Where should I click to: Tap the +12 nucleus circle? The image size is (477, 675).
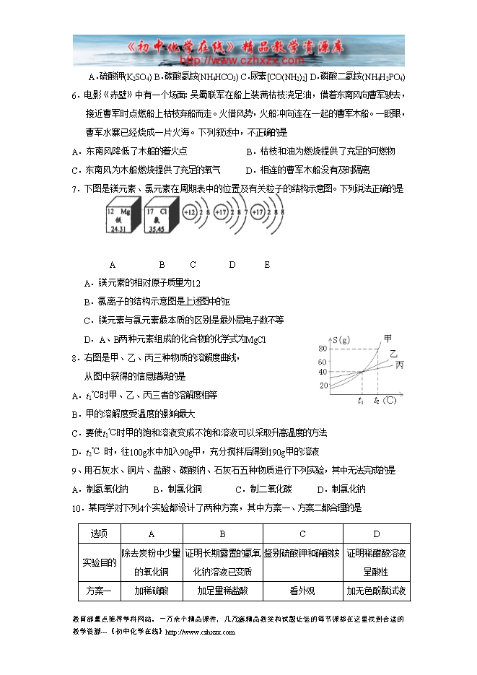coord(190,213)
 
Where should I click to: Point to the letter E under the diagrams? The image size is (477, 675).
coord(267,265)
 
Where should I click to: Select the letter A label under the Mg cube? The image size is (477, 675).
coord(113,265)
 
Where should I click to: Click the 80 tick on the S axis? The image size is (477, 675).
coord(323,349)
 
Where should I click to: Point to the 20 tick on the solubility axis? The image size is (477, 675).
coord(323,385)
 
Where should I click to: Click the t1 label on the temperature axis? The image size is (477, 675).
coord(361,400)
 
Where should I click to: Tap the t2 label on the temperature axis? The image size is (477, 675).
coord(377,400)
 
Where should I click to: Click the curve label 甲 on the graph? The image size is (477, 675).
coord(388,337)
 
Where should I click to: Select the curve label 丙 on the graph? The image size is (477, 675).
coord(400,365)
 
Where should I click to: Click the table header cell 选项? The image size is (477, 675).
coord(99,534)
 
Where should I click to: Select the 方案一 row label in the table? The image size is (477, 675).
coord(99,591)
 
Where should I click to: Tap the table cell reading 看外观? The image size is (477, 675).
coord(302,591)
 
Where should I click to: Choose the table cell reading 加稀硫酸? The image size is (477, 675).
coord(152,591)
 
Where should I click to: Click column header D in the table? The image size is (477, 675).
coord(377,534)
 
